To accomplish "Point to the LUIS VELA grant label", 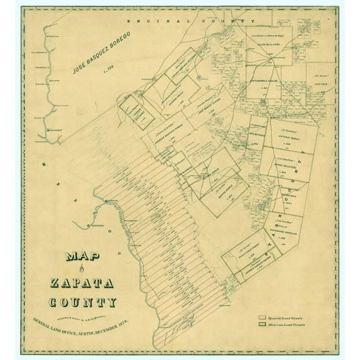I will click(x=304, y=81).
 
